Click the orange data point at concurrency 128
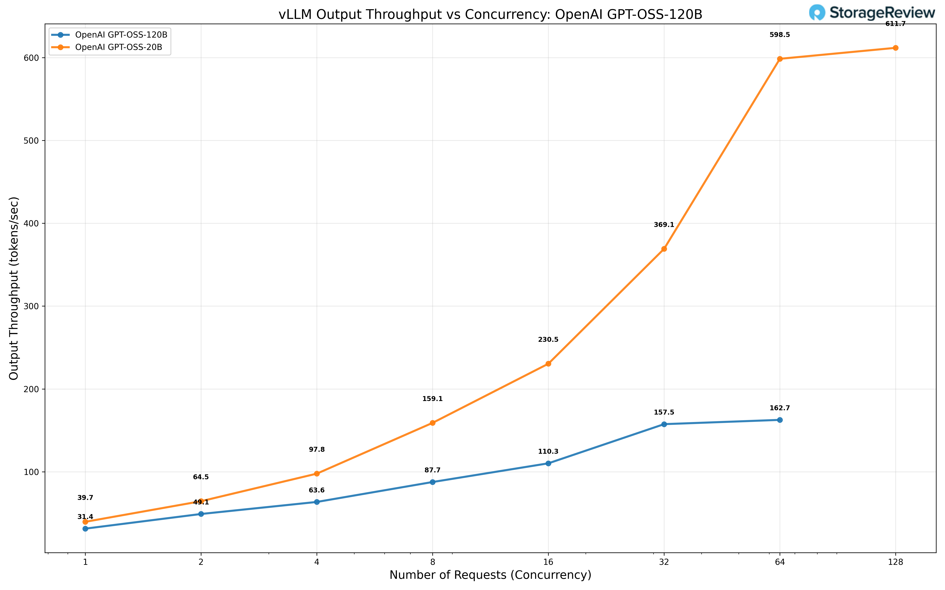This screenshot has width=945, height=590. click(x=895, y=48)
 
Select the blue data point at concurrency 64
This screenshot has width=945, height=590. click(x=780, y=420)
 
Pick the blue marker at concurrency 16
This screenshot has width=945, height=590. click(x=548, y=463)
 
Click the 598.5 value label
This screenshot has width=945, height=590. click(x=779, y=35)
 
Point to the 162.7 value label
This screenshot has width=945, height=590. click(x=779, y=408)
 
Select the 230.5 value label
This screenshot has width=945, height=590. click(x=548, y=339)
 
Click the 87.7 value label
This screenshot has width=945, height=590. click(x=432, y=470)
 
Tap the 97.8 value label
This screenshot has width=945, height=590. click(x=317, y=450)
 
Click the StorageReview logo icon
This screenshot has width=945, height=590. click(x=817, y=12)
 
